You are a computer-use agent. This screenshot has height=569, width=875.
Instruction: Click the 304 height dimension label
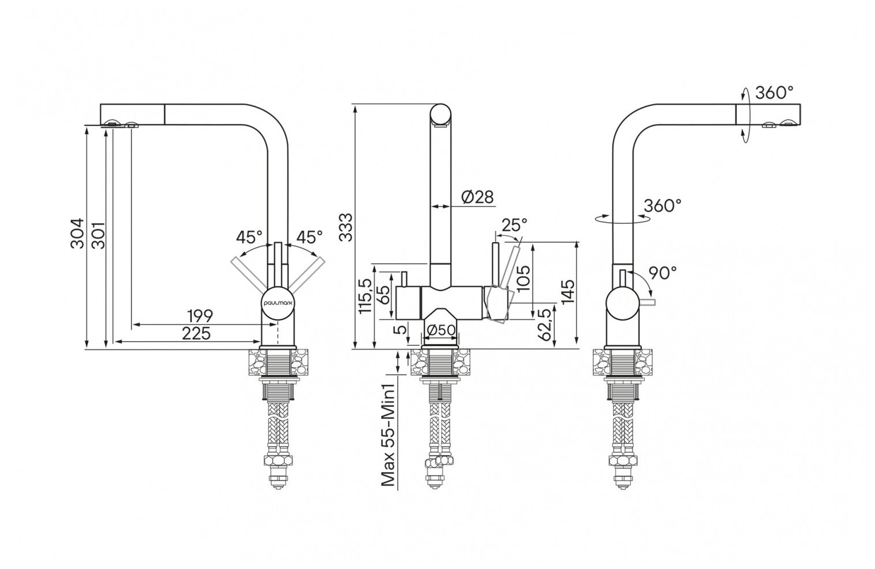pyautogui.click(x=77, y=233)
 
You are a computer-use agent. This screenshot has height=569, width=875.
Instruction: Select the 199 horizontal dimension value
pyautogui.click(x=200, y=316)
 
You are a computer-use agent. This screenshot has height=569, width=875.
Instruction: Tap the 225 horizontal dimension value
pyautogui.click(x=196, y=333)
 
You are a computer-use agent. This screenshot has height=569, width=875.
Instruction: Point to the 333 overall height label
pyautogui.click(x=345, y=227)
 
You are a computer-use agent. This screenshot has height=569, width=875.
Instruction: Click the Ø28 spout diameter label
pyautogui.click(x=478, y=197)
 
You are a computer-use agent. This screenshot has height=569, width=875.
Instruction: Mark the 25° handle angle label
pyautogui.click(x=514, y=224)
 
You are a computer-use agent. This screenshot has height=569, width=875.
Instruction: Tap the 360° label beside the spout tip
pyautogui.click(x=774, y=93)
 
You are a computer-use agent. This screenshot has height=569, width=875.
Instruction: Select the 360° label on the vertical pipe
pyautogui.click(x=663, y=205)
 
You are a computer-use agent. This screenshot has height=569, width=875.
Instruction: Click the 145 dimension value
pyautogui.click(x=568, y=294)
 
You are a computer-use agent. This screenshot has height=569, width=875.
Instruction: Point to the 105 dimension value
pyautogui.click(x=524, y=279)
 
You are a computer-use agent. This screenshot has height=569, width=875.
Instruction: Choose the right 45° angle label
pyautogui.click(x=309, y=236)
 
